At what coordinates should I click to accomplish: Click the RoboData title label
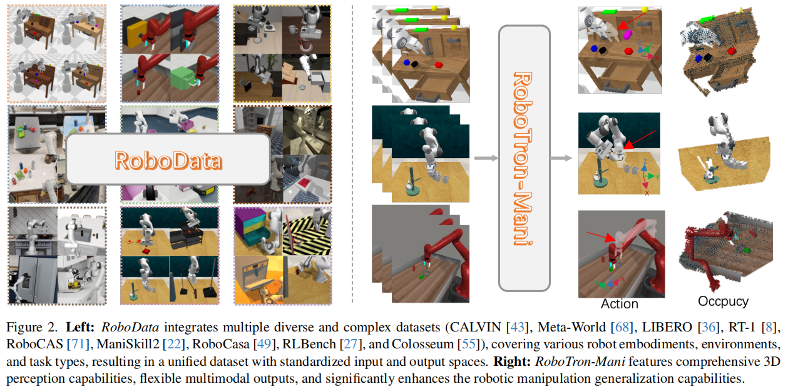168,160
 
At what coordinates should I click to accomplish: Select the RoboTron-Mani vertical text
524,158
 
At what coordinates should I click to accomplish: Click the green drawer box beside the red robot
184,80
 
